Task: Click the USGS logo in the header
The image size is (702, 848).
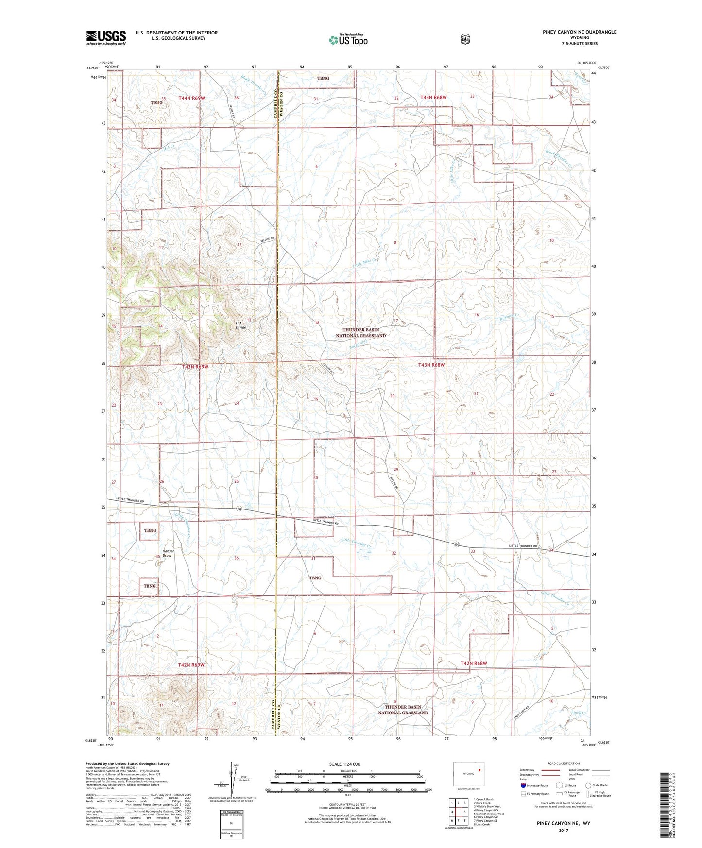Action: pyautogui.click(x=106, y=37)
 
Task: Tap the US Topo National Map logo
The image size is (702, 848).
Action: pyautogui.click(x=347, y=40)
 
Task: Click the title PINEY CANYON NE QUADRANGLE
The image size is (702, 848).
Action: pyautogui.click(x=580, y=32)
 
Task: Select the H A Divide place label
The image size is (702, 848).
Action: pyautogui.click(x=241, y=325)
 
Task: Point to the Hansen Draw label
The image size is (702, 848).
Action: pyautogui.click(x=168, y=553)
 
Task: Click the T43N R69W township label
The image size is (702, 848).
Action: pyautogui.click(x=195, y=367)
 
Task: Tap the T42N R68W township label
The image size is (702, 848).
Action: pyautogui.click(x=473, y=663)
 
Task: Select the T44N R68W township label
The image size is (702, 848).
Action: pyautogui.click(x=433, y=98)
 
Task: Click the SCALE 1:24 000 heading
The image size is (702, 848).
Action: pyautogui.click(x=344, y=764)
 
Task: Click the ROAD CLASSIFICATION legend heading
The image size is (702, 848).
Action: pyautogui.click(x=563, y=764)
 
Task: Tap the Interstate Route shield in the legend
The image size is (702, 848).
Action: pyautogui.click(x=523, y=785)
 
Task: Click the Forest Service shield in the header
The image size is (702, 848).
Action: pyautogui.click(x=465, y=39)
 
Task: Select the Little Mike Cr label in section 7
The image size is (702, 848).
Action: pyautogui.click(x=365, y=263)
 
